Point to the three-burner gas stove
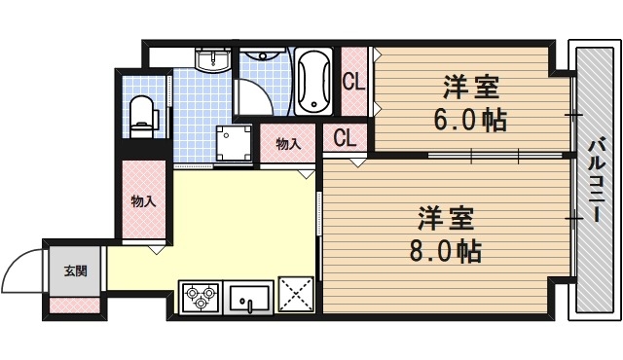coord(201,296)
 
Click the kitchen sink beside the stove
coord(251,297)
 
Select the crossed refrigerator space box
coord(296,296)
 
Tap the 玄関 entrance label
coord(75,270)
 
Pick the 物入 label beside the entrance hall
coord(144,201)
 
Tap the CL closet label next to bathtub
coord(353,82)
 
